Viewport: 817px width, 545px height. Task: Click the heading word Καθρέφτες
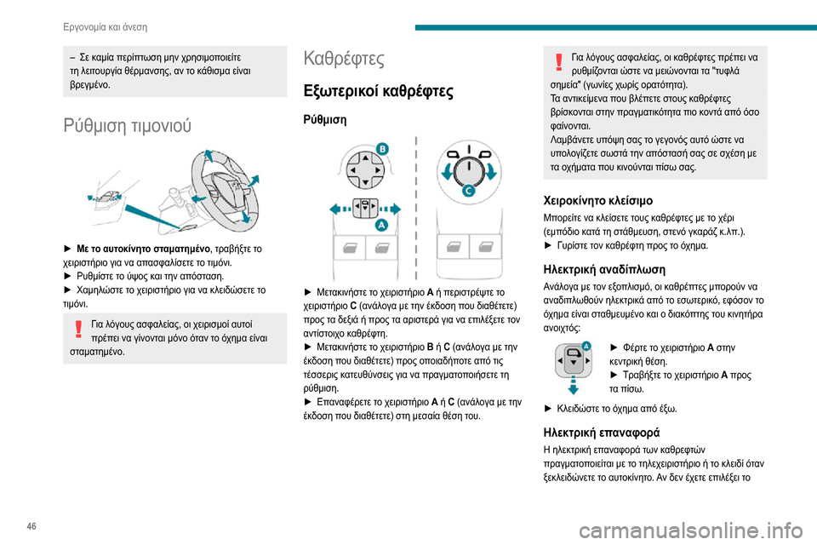tap(344, 60)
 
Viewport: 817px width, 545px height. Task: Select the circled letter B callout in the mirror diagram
tap(382, 149)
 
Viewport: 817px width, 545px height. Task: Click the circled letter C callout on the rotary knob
tap(468, 192)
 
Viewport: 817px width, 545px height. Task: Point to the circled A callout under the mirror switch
tap(381, 224)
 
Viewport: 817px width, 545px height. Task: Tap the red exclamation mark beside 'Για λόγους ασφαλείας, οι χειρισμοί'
tap(77, 327)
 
